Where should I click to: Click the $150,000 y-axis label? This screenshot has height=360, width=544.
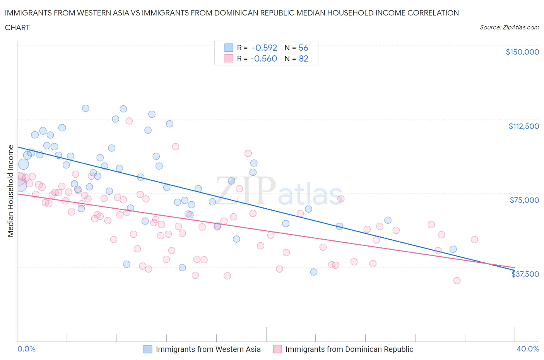(x=522, y=52)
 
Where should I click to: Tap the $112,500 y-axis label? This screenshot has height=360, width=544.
(x=523, y=126)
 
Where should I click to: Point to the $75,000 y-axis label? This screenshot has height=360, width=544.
(x=524, y=200)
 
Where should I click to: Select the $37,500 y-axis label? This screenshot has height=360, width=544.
(x=525, y=274)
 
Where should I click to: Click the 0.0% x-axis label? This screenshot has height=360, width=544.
(x=26, y=349)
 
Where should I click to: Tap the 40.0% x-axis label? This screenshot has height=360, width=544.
(x=528, y=349)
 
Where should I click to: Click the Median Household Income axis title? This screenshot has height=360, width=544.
(x=10, y=191)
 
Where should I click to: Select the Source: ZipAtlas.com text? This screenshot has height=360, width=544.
(x=509, y=27)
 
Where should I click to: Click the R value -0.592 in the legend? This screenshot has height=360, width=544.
(x=264, y=48)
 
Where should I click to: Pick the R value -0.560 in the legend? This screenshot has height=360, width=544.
(x=264, y=58)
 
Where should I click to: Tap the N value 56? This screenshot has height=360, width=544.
(x=303, y=48)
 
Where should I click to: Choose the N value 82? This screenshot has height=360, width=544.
(x=303, y=58)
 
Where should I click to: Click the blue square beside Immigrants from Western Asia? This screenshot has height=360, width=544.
(x=148, y=349)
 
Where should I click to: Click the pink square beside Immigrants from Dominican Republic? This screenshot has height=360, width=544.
(x=277, y=349)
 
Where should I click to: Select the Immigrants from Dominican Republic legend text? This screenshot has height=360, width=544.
(x=349, y=349)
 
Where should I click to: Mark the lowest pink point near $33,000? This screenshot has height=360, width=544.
(x=457, y=281)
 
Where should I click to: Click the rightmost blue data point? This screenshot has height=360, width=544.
(x=453, y=249)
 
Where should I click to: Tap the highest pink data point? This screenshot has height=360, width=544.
(x=129, y=121)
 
